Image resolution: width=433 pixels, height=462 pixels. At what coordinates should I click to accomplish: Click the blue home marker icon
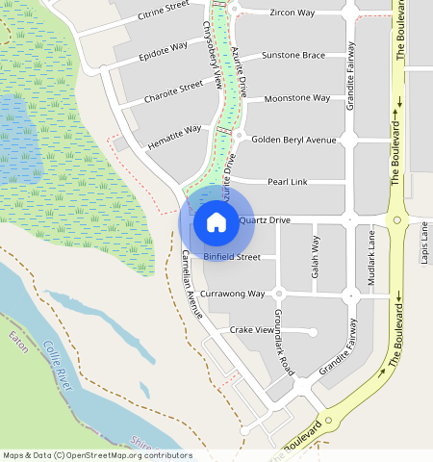point(216,222)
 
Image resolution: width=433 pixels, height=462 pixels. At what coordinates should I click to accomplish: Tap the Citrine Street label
point(164,12)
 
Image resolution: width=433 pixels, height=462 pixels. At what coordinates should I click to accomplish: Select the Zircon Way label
point(292,13)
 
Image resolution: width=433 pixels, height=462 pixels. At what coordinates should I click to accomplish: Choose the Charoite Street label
point(173,91)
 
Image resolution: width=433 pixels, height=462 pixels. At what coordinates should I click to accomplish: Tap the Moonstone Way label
point(297,98)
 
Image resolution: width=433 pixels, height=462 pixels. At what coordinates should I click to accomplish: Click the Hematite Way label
point(175,135)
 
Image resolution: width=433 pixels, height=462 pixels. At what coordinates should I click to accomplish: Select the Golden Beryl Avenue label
point(293,140)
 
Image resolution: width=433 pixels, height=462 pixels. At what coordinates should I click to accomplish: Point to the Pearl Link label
point(286,181)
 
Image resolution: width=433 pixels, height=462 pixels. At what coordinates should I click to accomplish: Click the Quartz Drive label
point(265,220)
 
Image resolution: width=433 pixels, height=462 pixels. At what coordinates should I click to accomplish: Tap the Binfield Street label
point(232,257)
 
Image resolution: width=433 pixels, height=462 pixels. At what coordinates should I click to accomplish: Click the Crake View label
point(252,330)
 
